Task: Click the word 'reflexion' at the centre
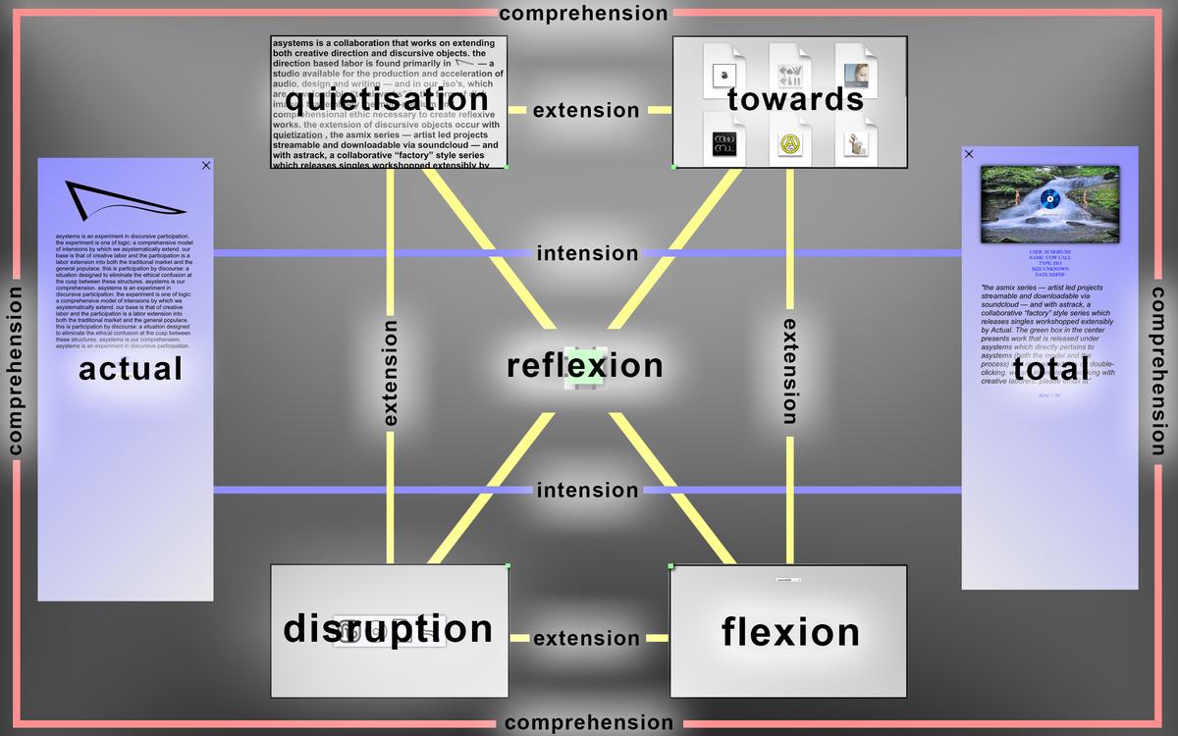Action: click(585, 366)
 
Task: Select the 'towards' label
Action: click(796, 99)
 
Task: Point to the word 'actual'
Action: click(131, 369)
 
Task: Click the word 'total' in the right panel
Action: click(1051, 369)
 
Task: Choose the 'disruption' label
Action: click(388, 629)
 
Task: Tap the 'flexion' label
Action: click(791, 632)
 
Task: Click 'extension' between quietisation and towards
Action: click(586, 111)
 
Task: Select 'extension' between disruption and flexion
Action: click(586, 639)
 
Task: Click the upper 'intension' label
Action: click(587, 254)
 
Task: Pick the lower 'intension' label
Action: click(587, 491)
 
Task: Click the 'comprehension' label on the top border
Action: click(583, 14)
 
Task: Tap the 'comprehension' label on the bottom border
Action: click(589, 723)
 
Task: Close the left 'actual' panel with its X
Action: click(206, 166)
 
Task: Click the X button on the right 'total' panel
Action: click(969, 154)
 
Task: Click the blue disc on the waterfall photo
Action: click(1049, 200)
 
